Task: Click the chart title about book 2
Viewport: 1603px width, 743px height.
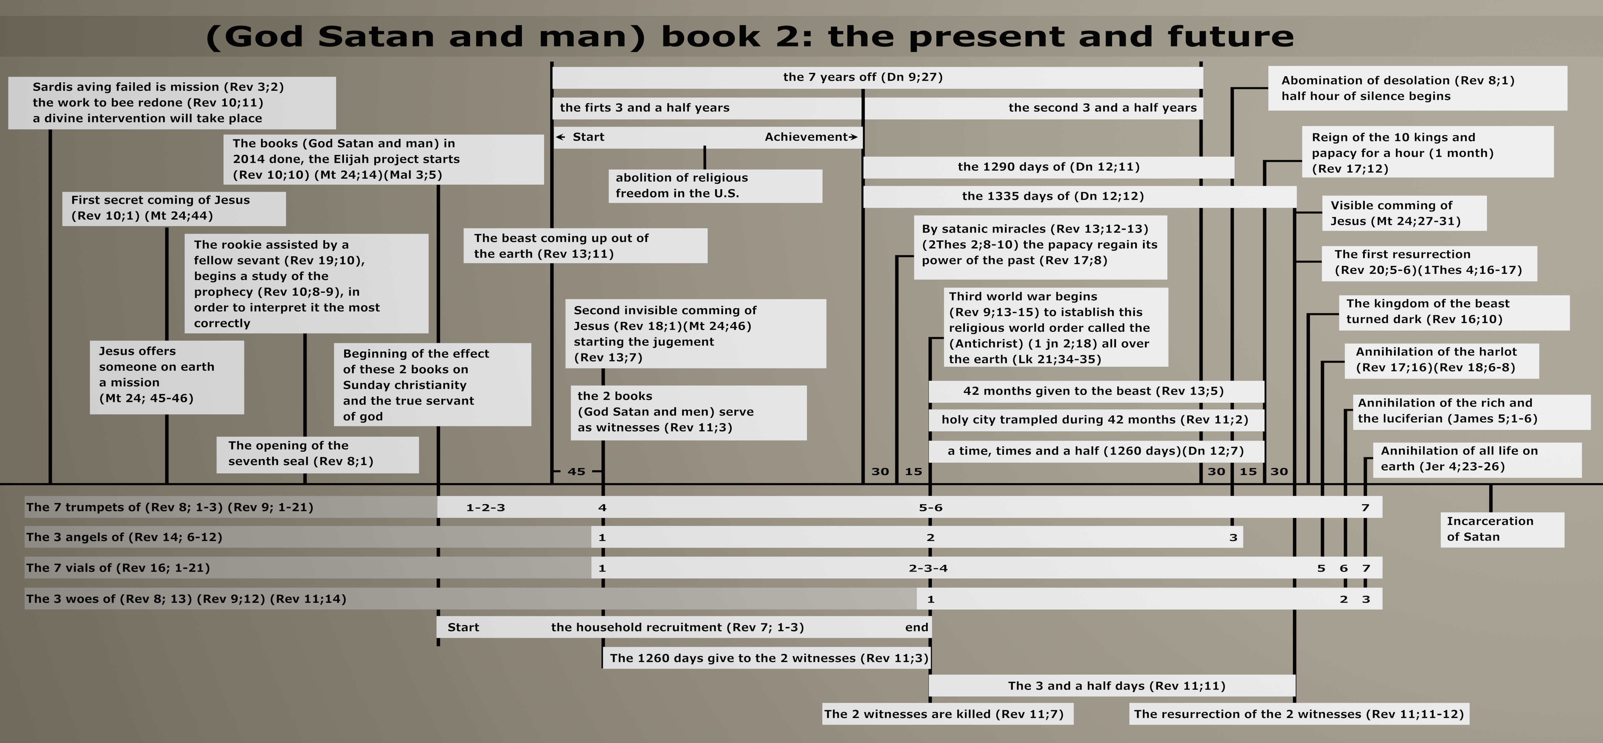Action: (x=750, y=36)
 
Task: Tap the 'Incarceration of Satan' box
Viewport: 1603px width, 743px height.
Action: (x=1502, y=530)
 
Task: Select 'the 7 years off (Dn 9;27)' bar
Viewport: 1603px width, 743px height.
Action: (x=877, y=77)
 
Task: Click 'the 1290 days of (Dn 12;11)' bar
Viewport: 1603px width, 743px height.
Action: (x=1049, y=167)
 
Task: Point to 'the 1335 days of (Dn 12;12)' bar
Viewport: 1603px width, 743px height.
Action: (x=1080, y=196)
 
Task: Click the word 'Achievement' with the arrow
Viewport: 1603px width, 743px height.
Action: (x=811, y=137)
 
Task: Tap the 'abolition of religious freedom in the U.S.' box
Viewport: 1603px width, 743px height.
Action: (x=715, y=185)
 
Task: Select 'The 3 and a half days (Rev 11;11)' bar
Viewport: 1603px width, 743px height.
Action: (x=1112, y=686)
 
